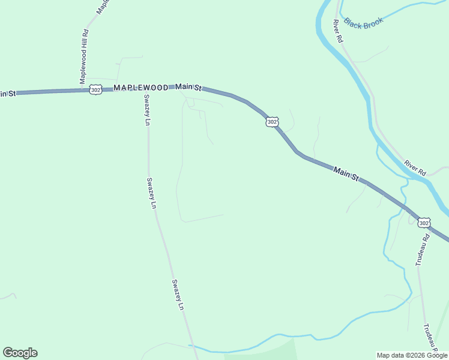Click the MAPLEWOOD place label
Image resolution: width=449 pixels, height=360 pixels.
click(x=141, y=88)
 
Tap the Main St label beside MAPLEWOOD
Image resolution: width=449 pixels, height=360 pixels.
click(x=189, y=88)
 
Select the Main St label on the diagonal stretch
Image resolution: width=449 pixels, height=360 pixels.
click(x=346, y=175)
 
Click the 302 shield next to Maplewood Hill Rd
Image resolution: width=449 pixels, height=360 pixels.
click(x=95, y=89)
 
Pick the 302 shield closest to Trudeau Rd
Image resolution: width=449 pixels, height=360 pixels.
click(x=424, y=223)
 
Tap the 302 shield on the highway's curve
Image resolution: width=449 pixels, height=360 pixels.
click(x=272, y=122)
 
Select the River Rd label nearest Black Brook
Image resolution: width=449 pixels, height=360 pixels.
click(x=339, y=31)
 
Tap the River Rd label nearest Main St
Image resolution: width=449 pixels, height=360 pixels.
click(x=415, y=167)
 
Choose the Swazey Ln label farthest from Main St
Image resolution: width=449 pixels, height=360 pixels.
click(x=177, y=295)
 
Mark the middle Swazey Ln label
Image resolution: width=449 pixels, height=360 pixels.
click(x=151, y=193)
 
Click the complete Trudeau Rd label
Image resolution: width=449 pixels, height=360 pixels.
click(x=423, y=250)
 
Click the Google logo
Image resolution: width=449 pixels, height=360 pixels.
click(x=20, y=353)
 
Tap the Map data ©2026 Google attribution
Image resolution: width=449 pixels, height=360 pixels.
click(x=412, y=355)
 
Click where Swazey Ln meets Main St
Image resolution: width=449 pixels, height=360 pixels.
click(x=146, y=89)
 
